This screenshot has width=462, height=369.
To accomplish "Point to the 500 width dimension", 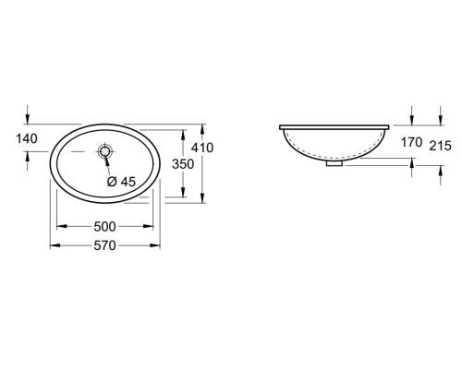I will (104, 226).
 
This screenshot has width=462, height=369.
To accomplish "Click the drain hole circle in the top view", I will (105, 150).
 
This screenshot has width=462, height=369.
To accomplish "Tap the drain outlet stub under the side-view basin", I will (334, 166).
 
